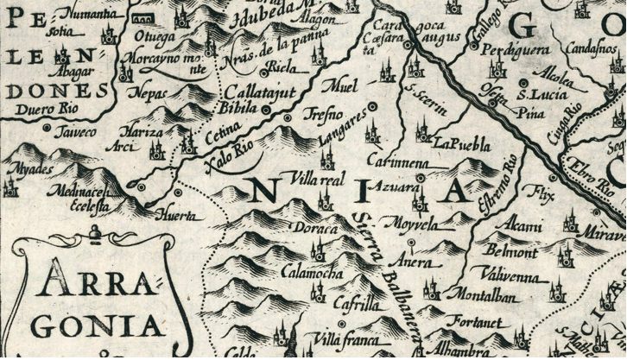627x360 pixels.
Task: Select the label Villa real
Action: click(x=319, y=179)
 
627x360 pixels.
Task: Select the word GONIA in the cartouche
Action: click(x=97, y=325)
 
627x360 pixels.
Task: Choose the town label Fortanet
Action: click(x=474, y=322)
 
